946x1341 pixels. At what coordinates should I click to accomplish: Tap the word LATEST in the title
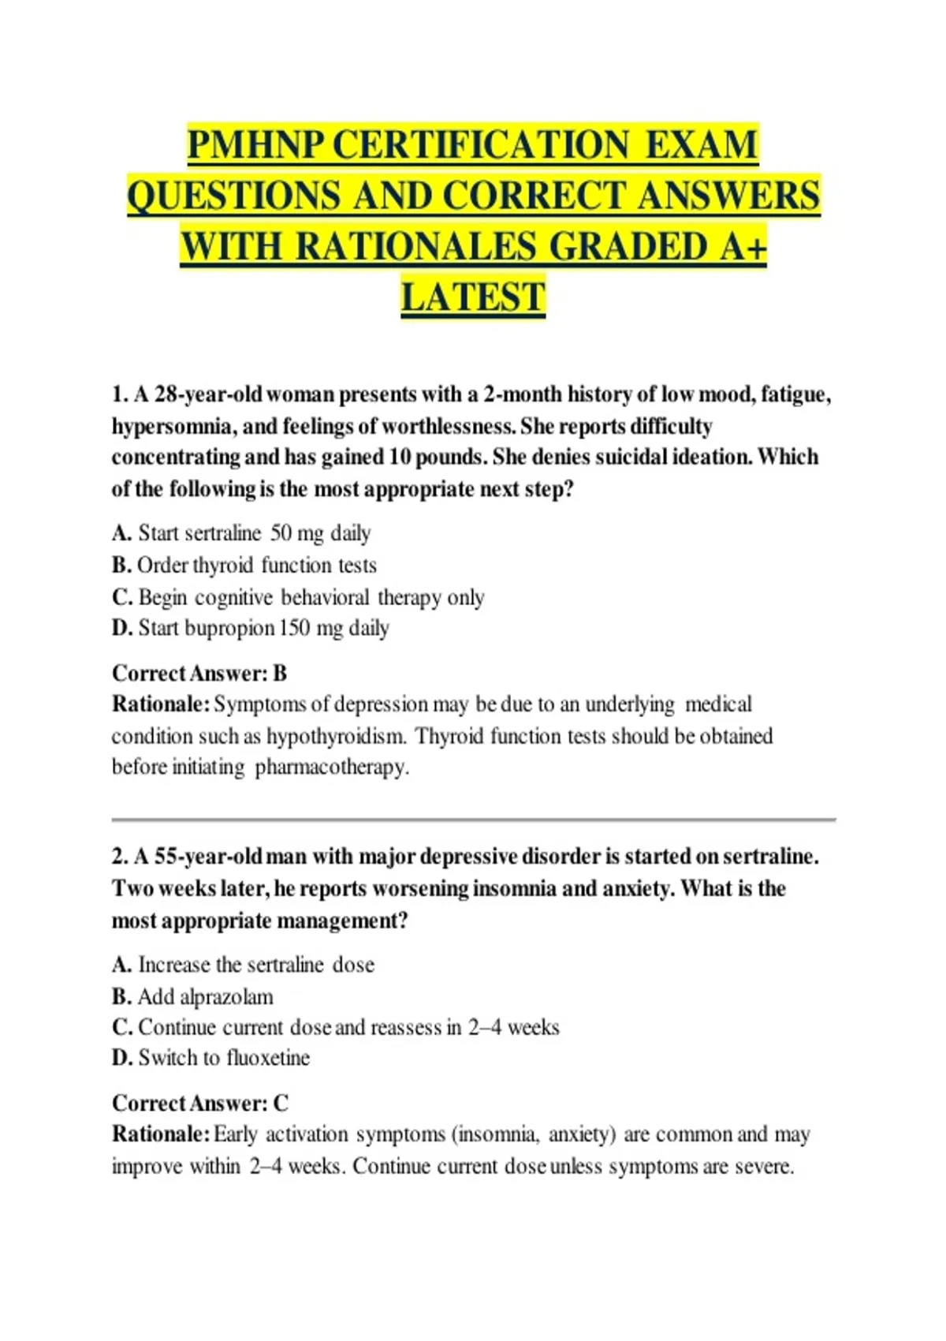coord(473,297)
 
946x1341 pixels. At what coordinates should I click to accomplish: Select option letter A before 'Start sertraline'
coord(121,533)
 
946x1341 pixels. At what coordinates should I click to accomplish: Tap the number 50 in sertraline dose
coord(281,533)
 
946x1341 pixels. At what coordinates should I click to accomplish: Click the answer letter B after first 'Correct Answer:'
coord(280,673)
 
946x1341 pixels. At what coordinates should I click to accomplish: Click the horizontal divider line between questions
coord(473,820)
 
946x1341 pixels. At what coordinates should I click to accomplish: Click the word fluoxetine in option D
coord(268,1058)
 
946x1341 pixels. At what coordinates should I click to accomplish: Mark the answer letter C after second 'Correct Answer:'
coord(281,1103)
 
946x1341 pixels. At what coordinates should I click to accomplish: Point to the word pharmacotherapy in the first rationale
coord(332,767)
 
